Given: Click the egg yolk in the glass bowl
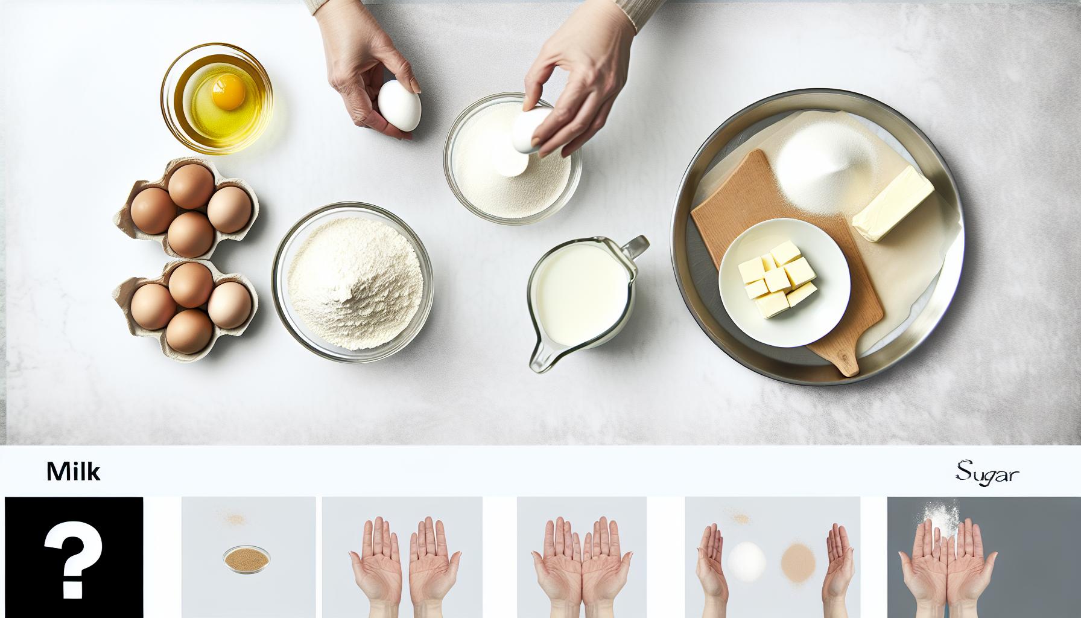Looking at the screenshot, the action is [227, 92].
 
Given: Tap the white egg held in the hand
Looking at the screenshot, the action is [399, 106].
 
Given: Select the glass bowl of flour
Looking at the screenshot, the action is [353, 282].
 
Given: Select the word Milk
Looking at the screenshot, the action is [73, 472].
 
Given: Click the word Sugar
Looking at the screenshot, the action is [987, 473].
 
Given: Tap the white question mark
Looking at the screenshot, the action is [73, 557].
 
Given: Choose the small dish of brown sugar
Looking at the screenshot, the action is [247, 559].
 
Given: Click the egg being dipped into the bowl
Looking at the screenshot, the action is [530, 130].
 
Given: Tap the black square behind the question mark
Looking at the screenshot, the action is [74, 557].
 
